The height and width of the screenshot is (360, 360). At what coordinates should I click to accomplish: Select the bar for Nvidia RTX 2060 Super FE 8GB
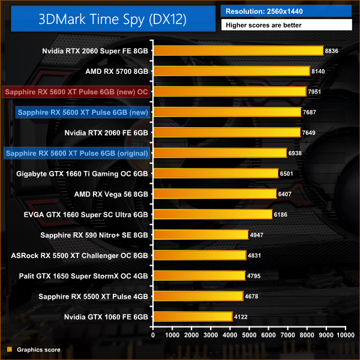pyautogui.click(x=238, y=51)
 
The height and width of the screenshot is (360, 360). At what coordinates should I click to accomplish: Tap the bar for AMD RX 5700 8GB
pyautogui.click(x=232, y=71)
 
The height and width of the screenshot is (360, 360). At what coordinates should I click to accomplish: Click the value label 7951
pyautogui.click(x=316, y=92)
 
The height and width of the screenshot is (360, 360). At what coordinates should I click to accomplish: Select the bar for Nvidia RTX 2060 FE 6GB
pyautogui.click(x=227, y=133)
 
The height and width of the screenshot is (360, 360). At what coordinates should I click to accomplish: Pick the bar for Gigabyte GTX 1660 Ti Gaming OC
pyautogui.click(x=216, y=173)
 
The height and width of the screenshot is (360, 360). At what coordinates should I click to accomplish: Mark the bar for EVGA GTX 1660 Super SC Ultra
pyautogui.click(x=213, y=214)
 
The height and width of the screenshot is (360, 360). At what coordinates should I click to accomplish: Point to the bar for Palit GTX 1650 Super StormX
pyautogui.click(x=199, y=275)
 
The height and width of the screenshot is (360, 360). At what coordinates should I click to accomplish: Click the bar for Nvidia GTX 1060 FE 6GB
pyautogui.click(x=193, y=316)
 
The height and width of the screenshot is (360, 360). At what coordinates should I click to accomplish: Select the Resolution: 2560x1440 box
pyautogui.click(x=287, y=10)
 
